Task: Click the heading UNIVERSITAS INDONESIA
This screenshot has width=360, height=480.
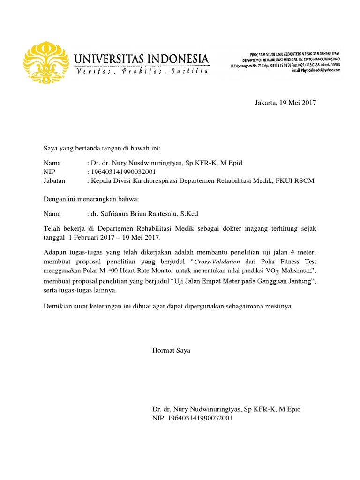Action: (x=141, y=60)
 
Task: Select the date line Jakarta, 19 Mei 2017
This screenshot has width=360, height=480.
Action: (x=285, y=103)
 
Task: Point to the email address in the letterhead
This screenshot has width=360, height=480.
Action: (x=319, y=71)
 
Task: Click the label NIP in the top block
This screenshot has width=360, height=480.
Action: (x=49, y=172)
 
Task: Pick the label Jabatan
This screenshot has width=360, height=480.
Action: (x=54, y=180)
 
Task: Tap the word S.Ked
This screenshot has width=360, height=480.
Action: (x=188, y=214)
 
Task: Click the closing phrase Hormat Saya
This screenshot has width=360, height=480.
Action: (x=171, y=350)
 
